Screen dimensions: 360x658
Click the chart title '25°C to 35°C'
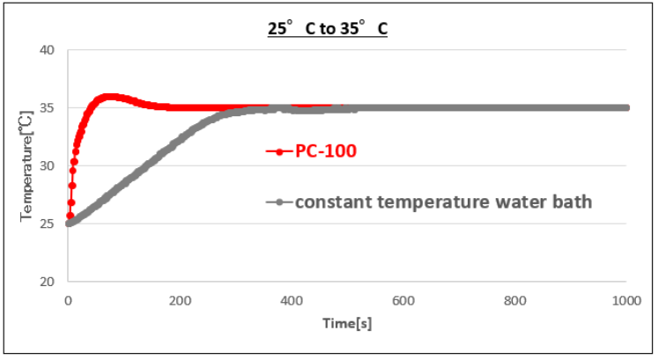click(329, 28)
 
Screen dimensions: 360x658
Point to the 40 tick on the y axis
click(48, 50)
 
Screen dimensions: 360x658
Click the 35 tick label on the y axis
click(48, 108)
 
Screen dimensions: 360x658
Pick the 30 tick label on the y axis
click(48, 165)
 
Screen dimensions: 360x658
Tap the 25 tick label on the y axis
click(48, 224)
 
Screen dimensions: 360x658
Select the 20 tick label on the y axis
click(48, 282)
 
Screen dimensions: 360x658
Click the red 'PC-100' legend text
click(326, 151)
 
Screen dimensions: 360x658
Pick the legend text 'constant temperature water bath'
click(443, 202)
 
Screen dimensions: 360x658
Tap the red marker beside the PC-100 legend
click(279, 151)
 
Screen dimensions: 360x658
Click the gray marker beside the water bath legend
click(279, 202)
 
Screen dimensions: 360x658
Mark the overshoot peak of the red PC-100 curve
click(109, 97)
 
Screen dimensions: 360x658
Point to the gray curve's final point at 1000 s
click(626, 107)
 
